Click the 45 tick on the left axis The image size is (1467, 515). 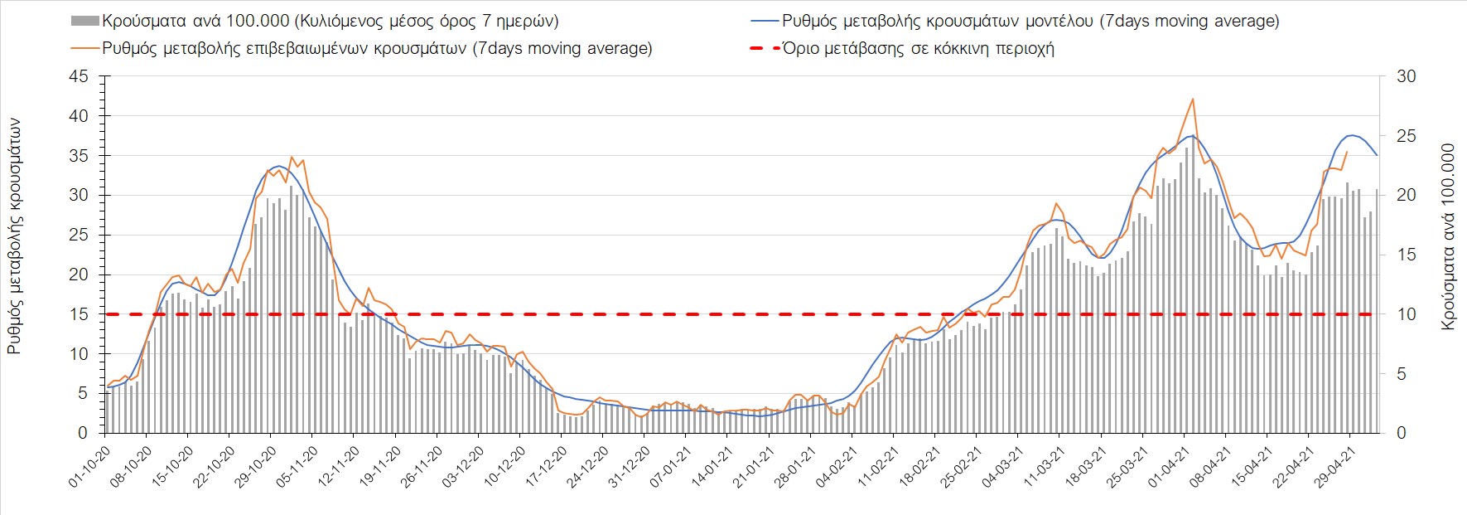79,76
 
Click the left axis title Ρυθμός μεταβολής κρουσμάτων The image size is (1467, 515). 14,236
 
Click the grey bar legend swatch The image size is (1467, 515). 85,21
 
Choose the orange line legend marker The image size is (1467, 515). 85,48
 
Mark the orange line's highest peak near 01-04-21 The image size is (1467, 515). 1192,99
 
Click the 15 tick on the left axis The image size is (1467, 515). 79,314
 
